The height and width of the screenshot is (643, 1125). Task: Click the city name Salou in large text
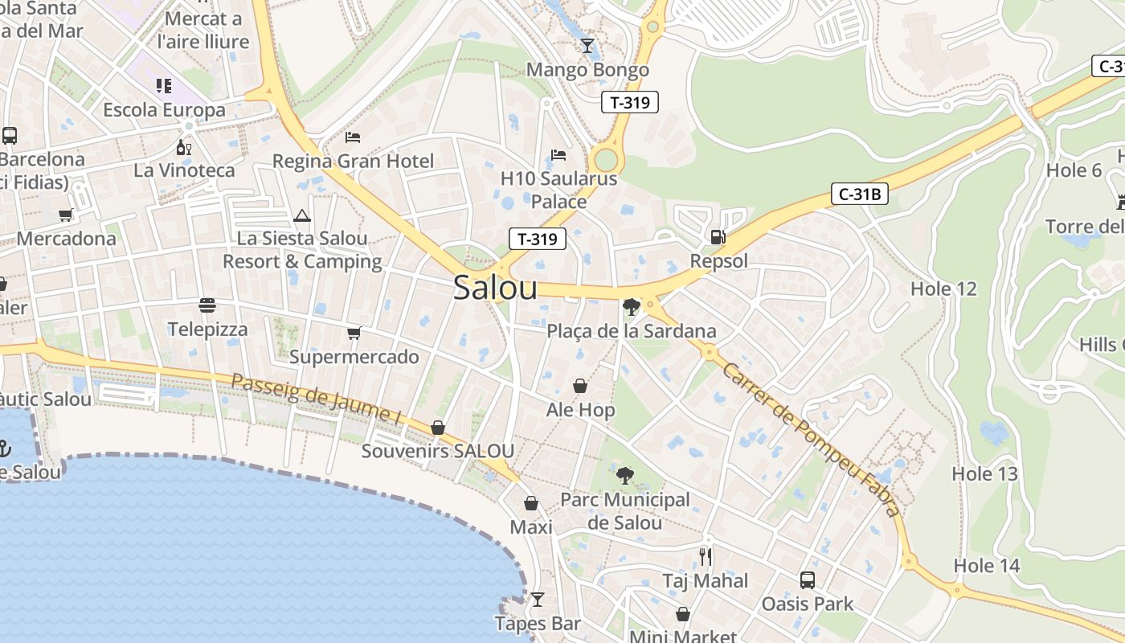495,288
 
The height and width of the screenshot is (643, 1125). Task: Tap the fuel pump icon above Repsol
718,237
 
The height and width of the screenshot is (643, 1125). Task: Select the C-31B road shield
859,194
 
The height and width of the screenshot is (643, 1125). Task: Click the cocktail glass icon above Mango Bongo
587,46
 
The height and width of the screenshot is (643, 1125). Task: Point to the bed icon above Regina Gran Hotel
353,137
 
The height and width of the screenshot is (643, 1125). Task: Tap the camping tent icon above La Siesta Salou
302,215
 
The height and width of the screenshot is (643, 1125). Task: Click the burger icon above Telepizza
207,305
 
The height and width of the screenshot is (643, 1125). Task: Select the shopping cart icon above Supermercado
354,333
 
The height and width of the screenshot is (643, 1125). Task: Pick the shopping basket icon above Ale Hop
580,387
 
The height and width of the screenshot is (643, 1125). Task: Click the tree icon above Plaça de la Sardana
631,306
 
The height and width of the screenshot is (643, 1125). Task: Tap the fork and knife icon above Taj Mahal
705,556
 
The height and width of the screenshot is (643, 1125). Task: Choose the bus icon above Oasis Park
807,580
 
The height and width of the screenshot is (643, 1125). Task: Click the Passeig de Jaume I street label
316,399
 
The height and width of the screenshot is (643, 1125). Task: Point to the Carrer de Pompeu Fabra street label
810,440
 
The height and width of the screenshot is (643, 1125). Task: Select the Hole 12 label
943,289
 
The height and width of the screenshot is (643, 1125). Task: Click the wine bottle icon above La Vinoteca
184,147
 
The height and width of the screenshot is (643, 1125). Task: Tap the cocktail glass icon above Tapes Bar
537,600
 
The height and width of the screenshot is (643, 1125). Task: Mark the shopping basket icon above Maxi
531,504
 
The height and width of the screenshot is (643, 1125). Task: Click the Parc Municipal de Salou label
624,510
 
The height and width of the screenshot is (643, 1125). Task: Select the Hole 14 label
986,566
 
